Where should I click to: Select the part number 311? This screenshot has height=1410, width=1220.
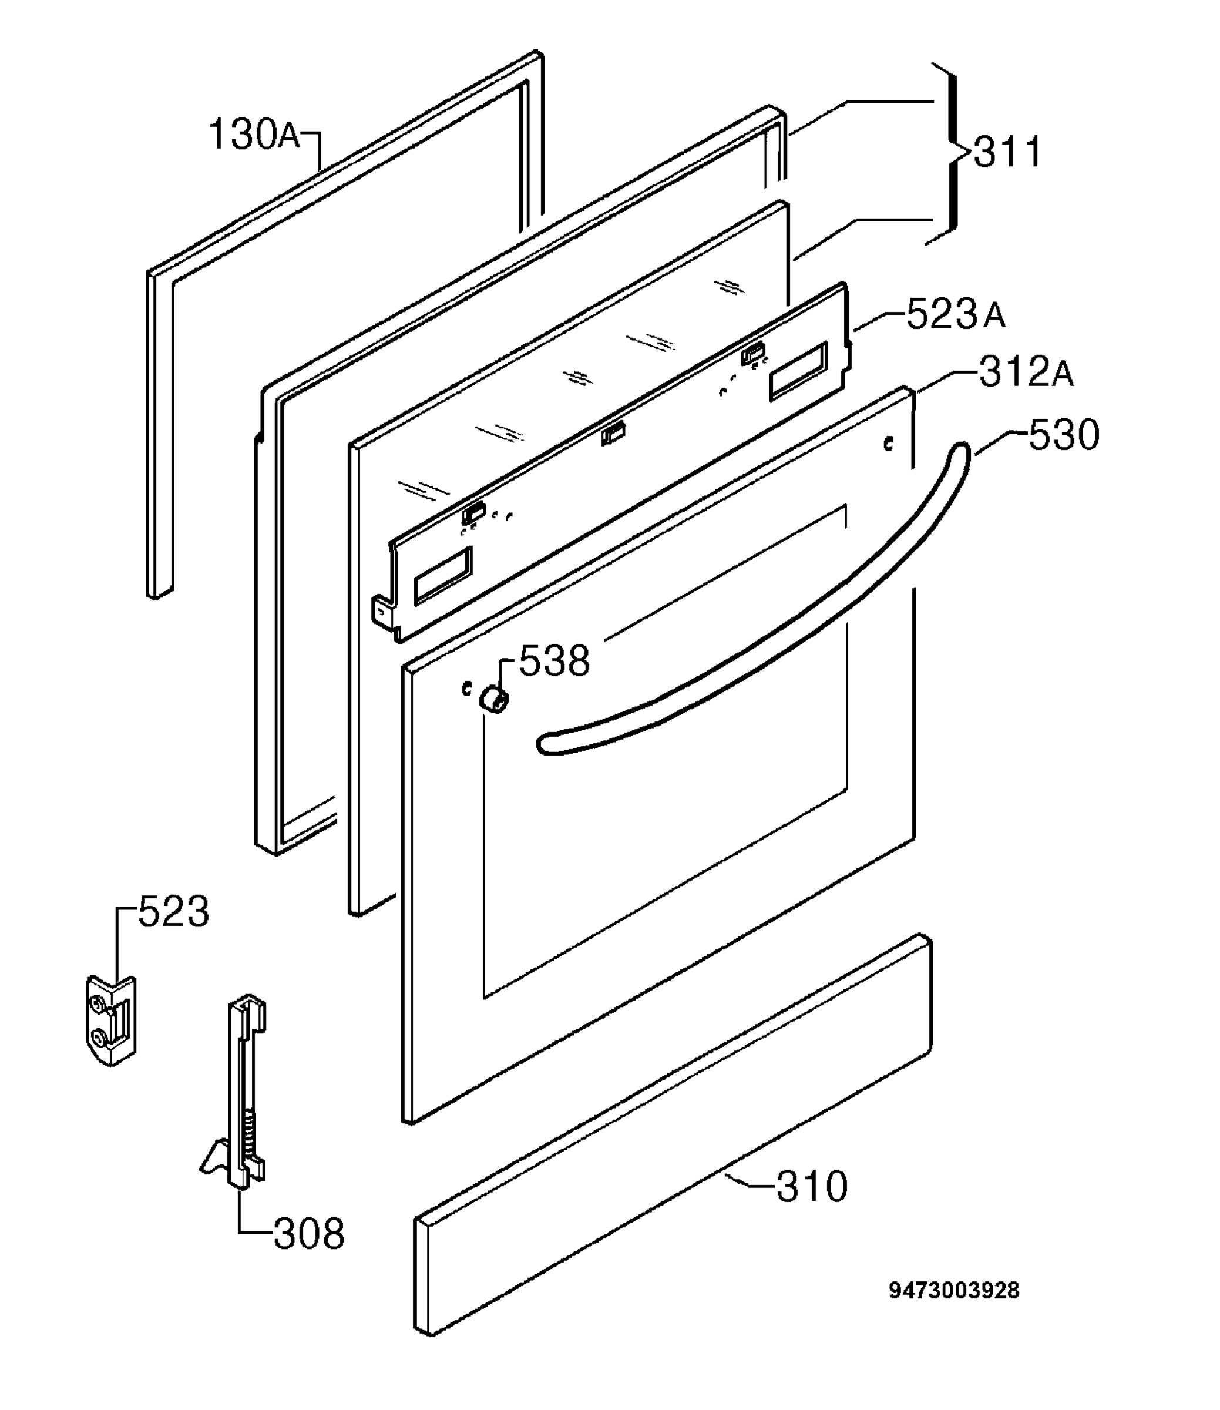1007,153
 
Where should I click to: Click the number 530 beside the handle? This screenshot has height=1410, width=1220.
1063,435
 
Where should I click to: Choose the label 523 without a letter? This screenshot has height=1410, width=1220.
174,912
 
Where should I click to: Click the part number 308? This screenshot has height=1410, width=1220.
309,1234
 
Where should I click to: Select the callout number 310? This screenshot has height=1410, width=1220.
812,1187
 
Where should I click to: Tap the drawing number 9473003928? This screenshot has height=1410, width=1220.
954,1291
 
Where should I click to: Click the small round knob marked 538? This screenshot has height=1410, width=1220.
493,699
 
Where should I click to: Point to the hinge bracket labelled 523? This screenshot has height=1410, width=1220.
111,1020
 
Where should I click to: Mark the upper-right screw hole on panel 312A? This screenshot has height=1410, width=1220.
887,445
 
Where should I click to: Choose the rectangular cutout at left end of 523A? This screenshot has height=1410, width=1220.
442,574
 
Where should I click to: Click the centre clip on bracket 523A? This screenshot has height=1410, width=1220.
613,433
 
